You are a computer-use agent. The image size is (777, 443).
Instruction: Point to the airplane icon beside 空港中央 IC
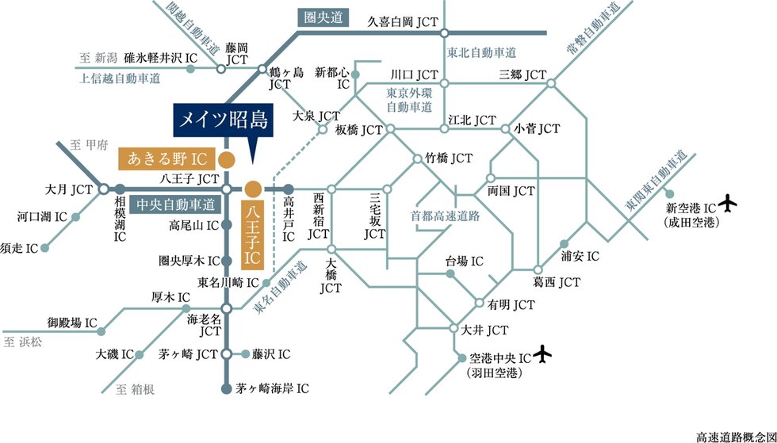coord(543,353)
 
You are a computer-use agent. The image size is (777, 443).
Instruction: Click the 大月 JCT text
coord(69,189)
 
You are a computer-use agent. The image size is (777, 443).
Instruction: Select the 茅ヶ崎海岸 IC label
coord(272,388)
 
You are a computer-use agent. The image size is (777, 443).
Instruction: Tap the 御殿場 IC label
coord(71,323)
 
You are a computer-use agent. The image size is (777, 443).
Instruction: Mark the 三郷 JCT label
coord(522,74)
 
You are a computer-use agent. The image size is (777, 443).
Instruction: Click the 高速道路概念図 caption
coord(735,436)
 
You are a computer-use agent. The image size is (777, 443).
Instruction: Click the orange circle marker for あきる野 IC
coord(226,158)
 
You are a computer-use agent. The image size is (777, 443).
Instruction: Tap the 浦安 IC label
coord(581,256)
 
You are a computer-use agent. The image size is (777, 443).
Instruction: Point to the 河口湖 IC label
coord(42,216)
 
